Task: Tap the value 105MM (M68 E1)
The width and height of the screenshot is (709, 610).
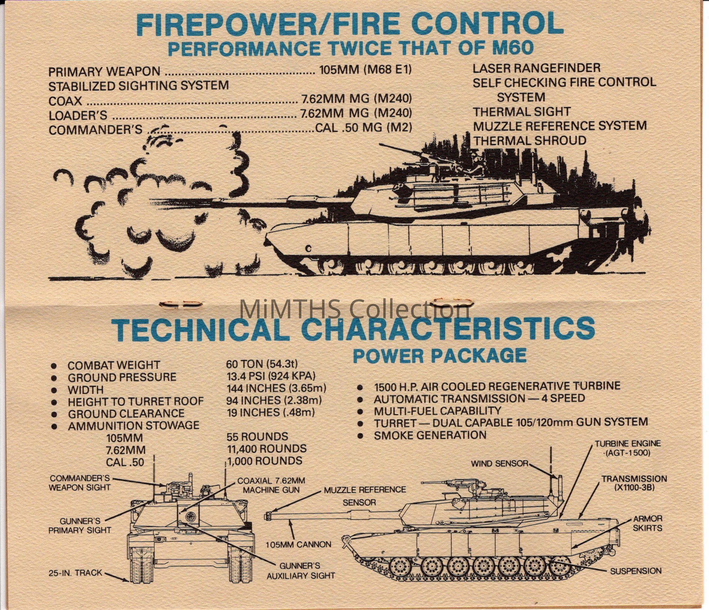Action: point(365,71)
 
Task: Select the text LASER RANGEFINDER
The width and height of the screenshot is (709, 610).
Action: point(536,68)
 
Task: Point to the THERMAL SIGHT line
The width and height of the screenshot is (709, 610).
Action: point(521,112)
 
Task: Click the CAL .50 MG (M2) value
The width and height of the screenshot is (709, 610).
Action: point(363,128)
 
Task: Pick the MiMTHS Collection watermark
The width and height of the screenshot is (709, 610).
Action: point(354,309)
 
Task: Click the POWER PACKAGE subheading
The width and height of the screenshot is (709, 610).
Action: point(440,355)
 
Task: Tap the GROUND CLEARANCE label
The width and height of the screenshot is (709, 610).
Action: point(126,413)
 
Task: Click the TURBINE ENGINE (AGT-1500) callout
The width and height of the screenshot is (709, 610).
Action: point(628,448)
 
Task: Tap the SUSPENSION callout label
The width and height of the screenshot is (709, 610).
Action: point(636,571)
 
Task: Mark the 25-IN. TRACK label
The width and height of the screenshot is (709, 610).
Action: point(75,573)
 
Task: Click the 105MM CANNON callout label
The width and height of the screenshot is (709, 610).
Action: point(298,544)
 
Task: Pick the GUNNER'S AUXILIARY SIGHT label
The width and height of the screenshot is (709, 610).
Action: point(300,571)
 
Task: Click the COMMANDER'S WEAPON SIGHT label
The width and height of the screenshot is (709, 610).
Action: point(80,482)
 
